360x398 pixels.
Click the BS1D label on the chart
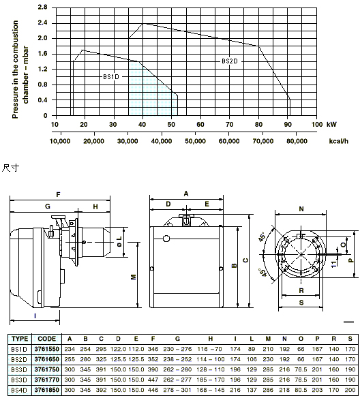[x=111, y=76]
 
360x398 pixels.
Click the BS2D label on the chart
[x=230, y=61]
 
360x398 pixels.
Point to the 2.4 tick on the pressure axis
[x=43, y=23]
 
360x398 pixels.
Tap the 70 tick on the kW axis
[x=230, y=124]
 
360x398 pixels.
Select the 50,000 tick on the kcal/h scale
[x=195, y=141]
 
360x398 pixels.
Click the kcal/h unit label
[x=339, y=141]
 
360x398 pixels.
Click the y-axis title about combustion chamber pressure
[x=20, y=70]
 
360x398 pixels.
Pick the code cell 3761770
[x=47, y=380]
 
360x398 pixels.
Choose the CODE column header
[x=47, y=339]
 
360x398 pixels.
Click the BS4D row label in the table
[x=19, y=390]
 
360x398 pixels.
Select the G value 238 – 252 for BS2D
[x=177, y=359]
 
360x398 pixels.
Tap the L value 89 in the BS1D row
[x=252, y=349]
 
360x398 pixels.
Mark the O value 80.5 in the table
[x=301, y=390]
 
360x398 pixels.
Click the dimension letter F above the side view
[x=59, y=195]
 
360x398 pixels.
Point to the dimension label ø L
[x=119, y=242]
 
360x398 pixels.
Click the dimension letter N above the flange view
[x=301, y=209]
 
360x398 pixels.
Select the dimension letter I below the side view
[x=35, y=316]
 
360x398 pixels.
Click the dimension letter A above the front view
[x=186, y=194]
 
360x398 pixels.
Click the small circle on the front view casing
[x=166, y=239]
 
